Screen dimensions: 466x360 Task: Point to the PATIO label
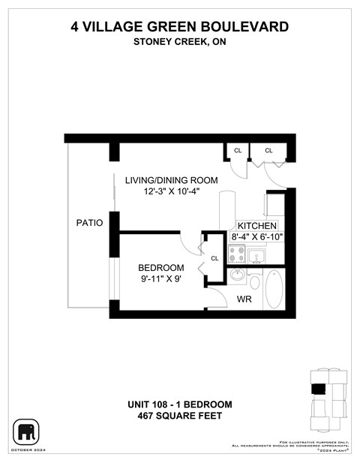[x=89, y=223]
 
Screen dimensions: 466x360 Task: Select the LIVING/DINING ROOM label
[x=171, y=180]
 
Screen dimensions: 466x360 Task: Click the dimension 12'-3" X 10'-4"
[x=171, y=192]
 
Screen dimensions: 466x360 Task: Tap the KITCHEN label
[x=257, y=226]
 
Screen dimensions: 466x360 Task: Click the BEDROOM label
[x=160, y=268]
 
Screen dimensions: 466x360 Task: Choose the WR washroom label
[x=244, y=299]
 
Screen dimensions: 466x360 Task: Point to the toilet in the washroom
[x=253, y=283]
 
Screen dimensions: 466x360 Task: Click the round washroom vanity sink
[x=237, y=275]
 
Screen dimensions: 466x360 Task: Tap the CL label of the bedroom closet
[x=214, y=258]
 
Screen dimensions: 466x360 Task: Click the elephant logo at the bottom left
[x=25, y=432]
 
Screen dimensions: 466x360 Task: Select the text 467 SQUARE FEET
[x=179, y=416]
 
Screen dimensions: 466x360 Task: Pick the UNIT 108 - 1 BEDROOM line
[x=179, y=404]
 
